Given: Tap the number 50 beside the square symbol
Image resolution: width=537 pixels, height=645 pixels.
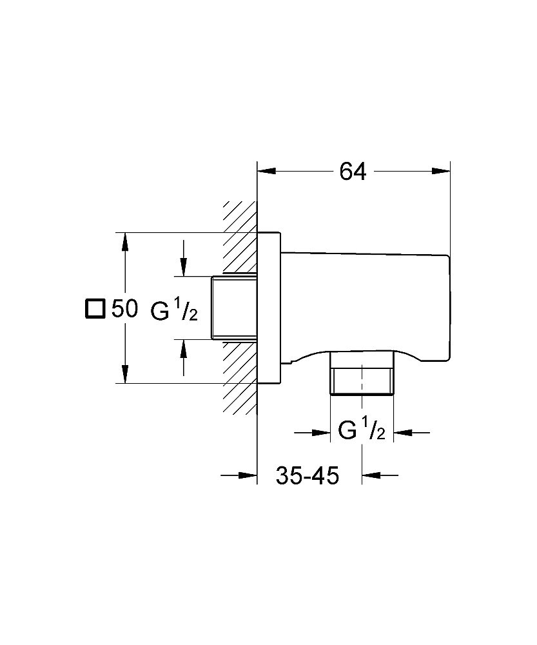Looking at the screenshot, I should tap(124, 309).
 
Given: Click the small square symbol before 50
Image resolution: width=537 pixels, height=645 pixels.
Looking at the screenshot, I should tap(94, 309).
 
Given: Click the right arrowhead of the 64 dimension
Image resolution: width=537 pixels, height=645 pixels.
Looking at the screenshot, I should tap(442, 172).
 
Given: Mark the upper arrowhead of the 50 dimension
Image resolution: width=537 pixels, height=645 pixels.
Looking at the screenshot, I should tap(125, 241).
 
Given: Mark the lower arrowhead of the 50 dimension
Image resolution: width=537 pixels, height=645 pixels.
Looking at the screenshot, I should tap(125, 375).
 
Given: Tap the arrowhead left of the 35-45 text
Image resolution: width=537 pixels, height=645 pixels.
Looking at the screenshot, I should tap(248, 476).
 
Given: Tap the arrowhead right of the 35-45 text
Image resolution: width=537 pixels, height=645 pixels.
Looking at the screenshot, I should tap(371, 476).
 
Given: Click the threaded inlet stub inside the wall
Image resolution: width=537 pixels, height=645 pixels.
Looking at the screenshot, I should tap(234, 308).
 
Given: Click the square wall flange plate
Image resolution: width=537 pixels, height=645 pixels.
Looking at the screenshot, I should tap(269, 308).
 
